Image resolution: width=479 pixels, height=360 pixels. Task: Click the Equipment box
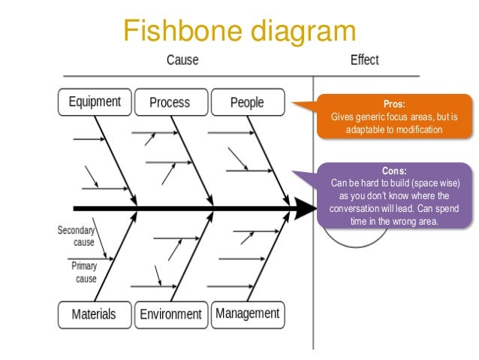95,102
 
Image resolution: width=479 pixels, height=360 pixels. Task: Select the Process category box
171,102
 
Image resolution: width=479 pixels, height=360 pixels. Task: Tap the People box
248,102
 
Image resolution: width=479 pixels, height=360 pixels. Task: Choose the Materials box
95,315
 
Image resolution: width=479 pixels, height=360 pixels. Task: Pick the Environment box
171,315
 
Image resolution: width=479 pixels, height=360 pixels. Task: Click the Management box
248,315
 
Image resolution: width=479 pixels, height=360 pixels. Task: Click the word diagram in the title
303,32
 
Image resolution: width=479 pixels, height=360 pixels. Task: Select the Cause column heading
182,59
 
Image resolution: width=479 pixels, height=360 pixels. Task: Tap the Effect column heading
364,59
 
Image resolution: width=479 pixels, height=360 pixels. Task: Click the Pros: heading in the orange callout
394,104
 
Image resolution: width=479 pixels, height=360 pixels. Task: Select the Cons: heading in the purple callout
394,171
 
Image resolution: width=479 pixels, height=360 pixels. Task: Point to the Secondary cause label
76,236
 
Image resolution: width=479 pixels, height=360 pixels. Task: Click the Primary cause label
84,272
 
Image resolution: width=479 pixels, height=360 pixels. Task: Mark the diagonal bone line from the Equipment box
116,161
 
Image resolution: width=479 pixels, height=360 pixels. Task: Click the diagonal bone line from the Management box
269,256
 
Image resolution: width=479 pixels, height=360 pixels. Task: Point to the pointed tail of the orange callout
293,103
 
